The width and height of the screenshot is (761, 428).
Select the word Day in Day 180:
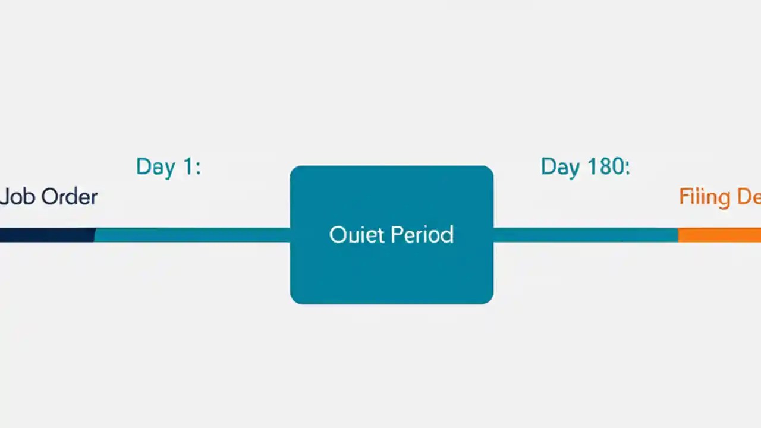pyautogui.click(x=559, y=167)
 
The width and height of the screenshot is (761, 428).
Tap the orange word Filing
pyautogui.click(x=705, y=197)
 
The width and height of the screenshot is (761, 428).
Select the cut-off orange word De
pyautogui.click(x=749, y=197)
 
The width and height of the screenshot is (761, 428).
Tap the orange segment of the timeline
pyautogui.click(x=719, y=235)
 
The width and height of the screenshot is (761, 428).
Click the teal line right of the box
pyautogui.click(x=586, y=235)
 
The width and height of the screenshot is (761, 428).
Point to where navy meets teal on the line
pyautogui.click(x=95, y=235)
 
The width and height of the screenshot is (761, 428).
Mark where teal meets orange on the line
pyautogui.click(x=678, y=235)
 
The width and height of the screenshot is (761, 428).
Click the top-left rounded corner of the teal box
pyautogui.click(x=294, y=170)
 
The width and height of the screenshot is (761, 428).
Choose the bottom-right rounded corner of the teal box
pyautogui.click(x=489, y=300)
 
